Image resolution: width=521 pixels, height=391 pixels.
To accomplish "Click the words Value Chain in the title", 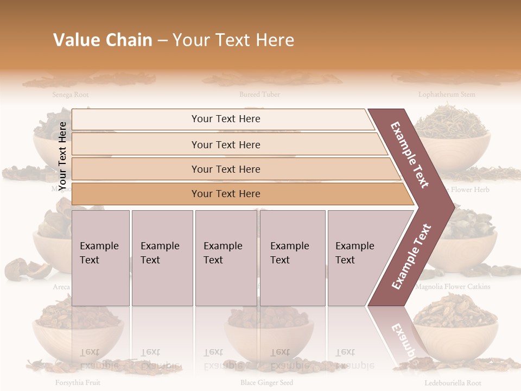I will point(103,40).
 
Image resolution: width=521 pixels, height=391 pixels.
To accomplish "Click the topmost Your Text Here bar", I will point(225,119).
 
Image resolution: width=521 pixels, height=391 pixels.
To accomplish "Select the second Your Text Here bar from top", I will point(225,144).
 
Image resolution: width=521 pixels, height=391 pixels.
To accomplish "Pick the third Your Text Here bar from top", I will point(225,169).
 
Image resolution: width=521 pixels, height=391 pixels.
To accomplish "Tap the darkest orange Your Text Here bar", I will point(225,194).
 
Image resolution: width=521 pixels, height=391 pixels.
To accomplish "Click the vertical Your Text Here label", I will point(62,155).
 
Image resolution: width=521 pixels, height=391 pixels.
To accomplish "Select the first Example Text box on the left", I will point(100,258).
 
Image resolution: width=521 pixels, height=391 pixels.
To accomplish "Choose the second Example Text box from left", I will point(162,258).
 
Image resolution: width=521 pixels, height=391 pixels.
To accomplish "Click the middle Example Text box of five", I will point(226,258).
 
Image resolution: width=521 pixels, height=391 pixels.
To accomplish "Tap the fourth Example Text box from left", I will point(292,258).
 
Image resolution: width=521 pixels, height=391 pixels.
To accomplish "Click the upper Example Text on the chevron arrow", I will point(410,155).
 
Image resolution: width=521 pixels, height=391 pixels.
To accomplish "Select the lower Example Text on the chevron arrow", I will point(411,256).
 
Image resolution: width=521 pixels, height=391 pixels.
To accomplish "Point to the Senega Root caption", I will point(71,94).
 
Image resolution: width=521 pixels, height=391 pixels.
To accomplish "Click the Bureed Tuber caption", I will point(259,94).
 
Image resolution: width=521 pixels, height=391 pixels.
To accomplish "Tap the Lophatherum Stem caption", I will point(446,94).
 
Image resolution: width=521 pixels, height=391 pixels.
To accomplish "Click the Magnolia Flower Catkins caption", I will point(453,286).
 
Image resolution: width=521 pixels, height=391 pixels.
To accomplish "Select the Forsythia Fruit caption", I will point(77,382).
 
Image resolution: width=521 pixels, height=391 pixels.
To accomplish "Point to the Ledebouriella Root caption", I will point(453,382).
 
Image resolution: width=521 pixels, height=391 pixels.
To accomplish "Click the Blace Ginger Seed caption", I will point(266,382).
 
